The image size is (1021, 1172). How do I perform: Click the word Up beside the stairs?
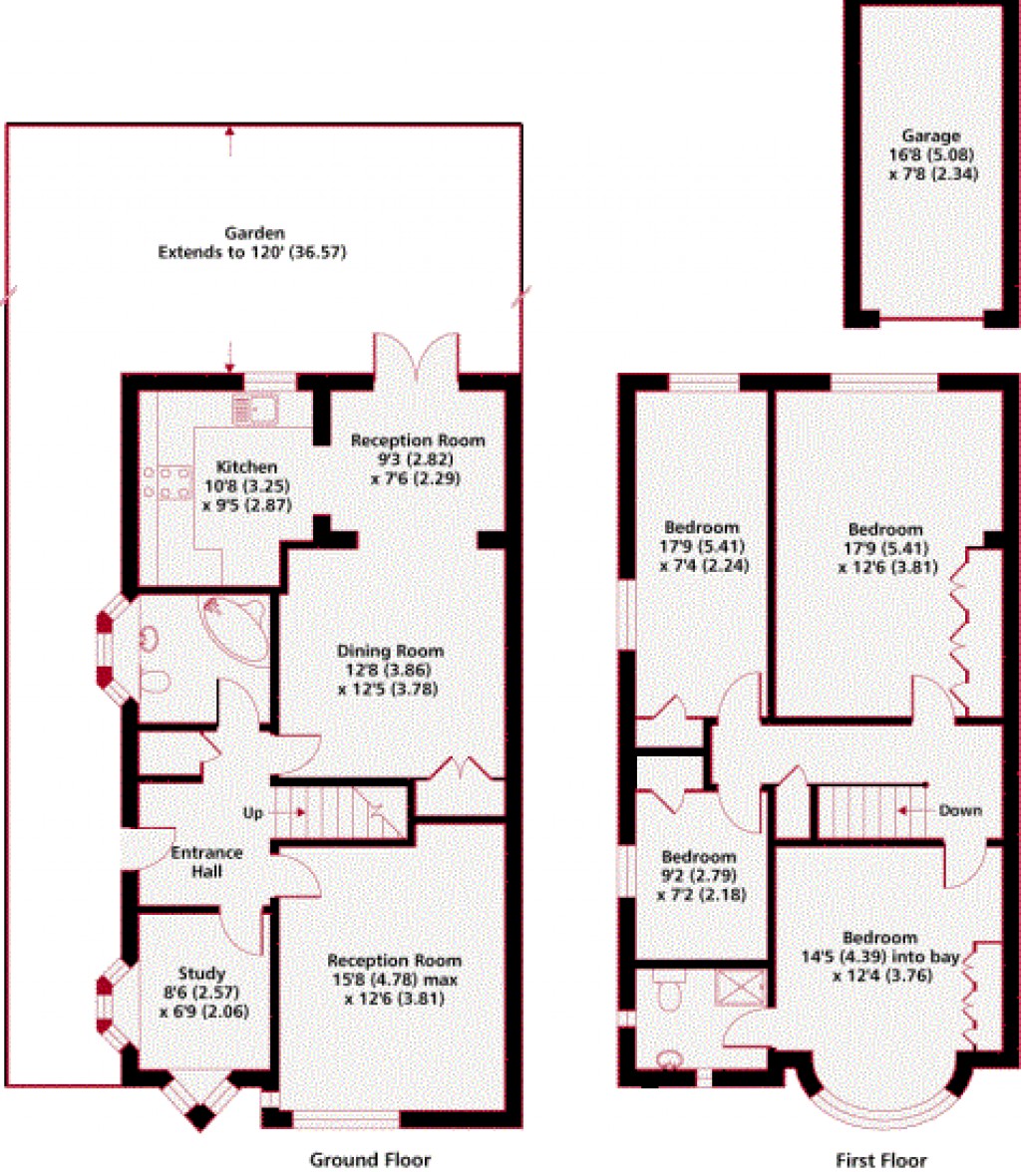254,813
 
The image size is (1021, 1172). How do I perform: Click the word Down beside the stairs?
961,811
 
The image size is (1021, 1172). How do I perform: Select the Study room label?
202,974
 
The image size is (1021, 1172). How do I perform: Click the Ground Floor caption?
370,1159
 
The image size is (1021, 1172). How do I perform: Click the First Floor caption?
880,1159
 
